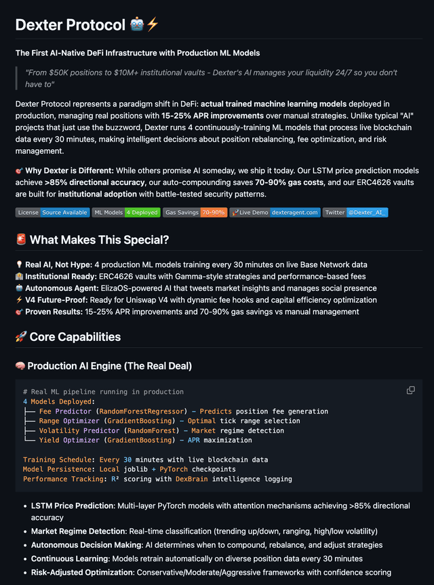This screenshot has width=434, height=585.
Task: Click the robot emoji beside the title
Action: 136,24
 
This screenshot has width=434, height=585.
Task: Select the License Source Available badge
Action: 52,212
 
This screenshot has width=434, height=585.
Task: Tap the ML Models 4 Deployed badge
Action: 125,212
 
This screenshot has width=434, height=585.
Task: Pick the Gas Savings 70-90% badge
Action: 195,212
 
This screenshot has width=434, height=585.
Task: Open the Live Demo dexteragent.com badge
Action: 275,212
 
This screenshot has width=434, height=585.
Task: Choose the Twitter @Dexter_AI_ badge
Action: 355,212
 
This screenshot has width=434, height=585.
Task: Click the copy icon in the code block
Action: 410,390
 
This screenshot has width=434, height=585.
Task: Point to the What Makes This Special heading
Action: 99,239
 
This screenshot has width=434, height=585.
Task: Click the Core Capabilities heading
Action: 75,337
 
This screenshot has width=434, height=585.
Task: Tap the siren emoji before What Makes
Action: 20,239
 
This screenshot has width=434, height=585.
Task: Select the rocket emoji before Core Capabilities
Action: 20,337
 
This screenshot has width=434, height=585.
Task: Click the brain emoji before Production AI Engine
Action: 20,366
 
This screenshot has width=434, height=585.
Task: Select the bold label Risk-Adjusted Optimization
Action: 83,572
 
